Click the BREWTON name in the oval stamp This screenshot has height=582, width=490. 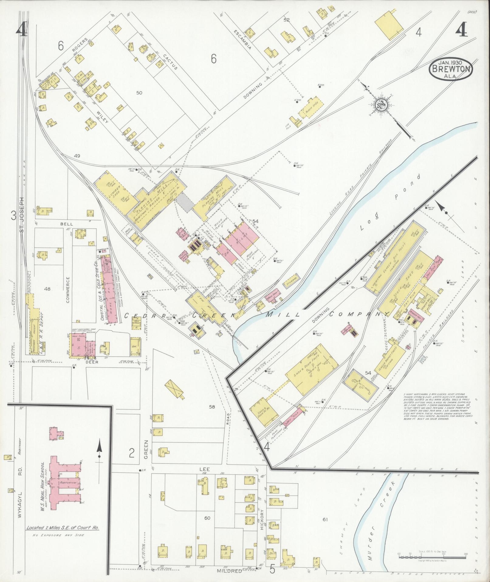pos(451,69)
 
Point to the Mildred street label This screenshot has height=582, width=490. pos(230,571)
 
